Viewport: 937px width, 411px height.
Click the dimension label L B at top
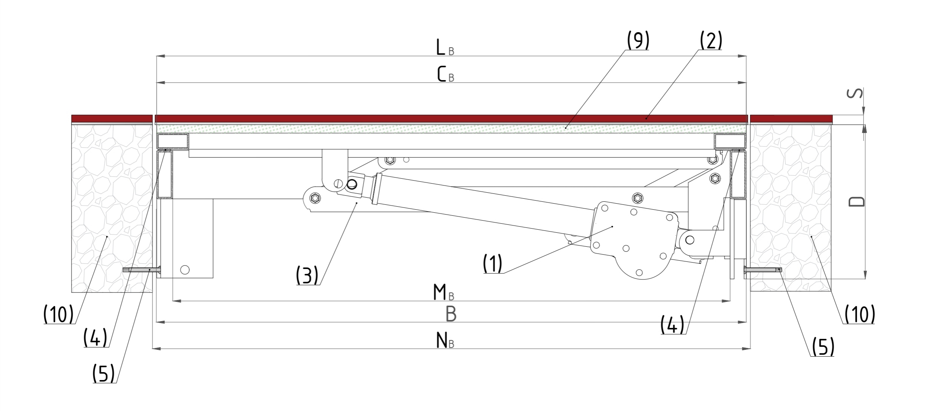[x=445, y=48]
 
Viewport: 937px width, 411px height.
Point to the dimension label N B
[x=445, y=340]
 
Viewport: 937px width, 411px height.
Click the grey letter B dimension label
[x=451, y=314]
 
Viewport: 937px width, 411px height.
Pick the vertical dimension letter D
[x=857, y=201]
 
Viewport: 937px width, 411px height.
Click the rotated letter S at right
[x=855, y=93]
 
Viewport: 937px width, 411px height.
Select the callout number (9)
[x=638, y=40]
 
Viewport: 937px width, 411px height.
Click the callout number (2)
[x=711, y=40]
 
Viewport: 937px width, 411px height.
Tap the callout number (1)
[x=493, y=263]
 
